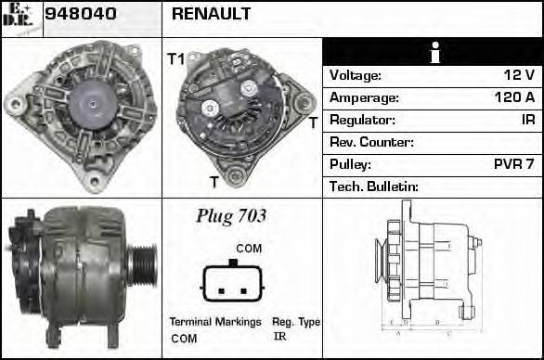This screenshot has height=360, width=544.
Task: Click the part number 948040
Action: coord(81,14)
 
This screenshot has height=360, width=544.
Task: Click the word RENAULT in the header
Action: coord(211,14)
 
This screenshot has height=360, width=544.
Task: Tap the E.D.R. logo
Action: coord(18,15)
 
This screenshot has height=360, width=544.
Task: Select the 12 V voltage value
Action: coord(519,75)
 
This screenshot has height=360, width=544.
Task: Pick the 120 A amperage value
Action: coord(514,97)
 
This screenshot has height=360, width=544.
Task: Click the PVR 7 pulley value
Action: coord(513,164)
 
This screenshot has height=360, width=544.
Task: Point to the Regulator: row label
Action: coord(362,120)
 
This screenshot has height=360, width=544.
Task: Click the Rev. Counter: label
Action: coord(371,142)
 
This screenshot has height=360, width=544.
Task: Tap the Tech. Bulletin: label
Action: coord(374,186)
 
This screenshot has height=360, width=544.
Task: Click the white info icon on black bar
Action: coord(435,53)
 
